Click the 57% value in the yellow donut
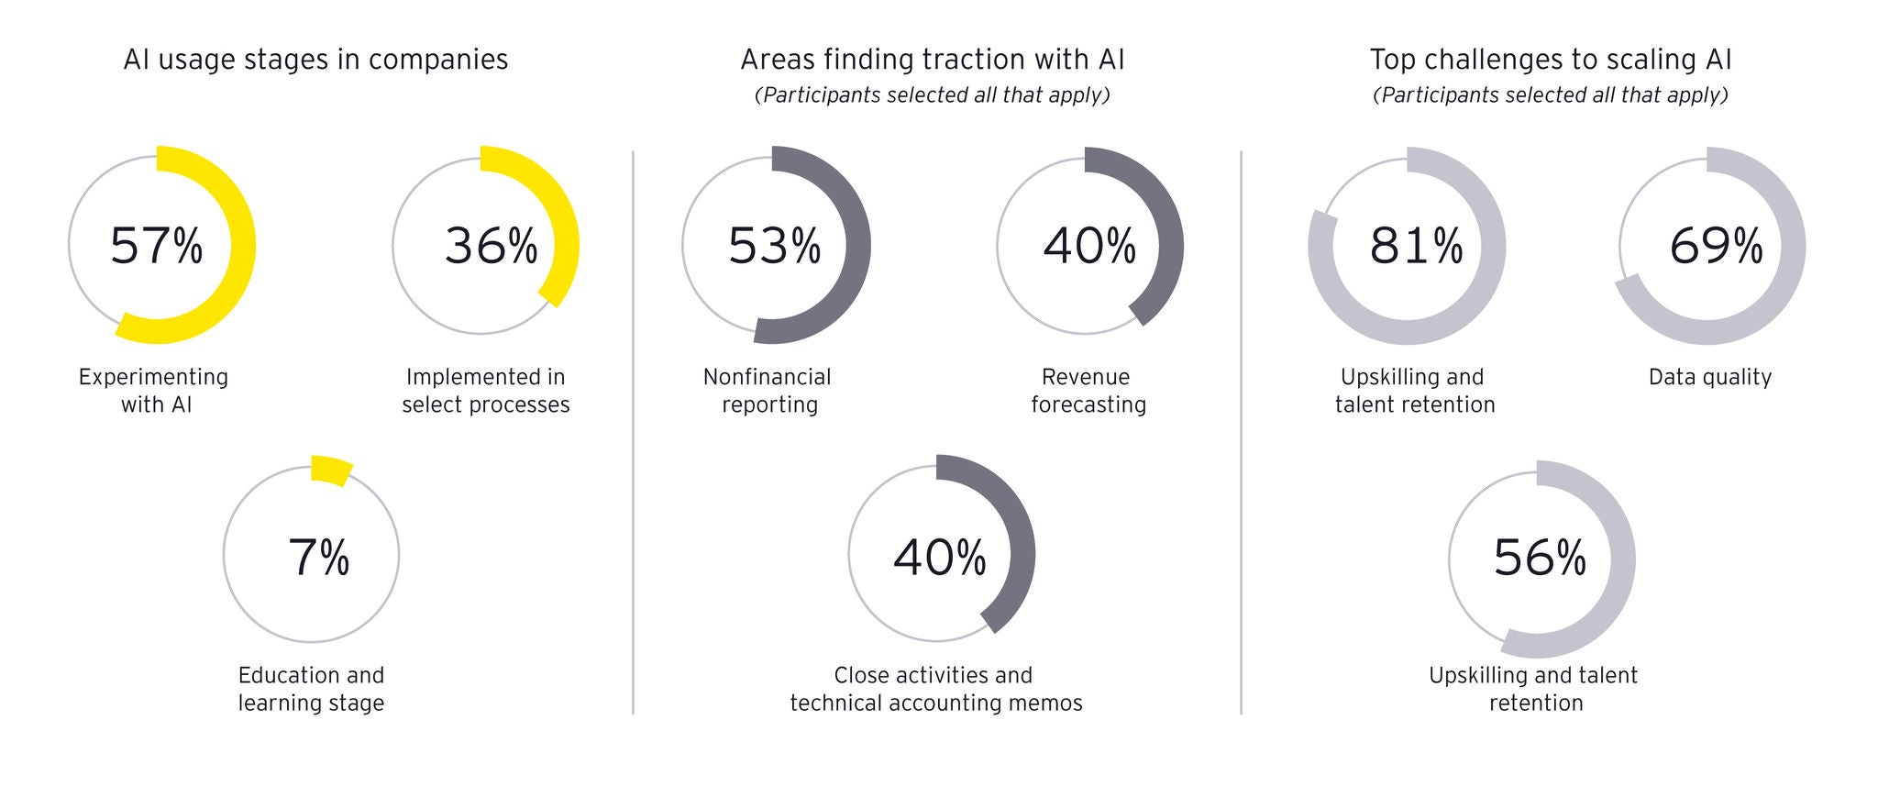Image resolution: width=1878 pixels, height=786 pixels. [156, 246]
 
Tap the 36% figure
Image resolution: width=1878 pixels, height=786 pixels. [492, 246]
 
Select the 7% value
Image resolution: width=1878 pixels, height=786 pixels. [318, 557]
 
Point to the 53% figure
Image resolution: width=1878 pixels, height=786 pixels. [775, 246]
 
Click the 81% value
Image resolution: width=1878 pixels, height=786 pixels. [1417, 246]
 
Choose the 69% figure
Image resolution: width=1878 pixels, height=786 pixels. [1717, 246]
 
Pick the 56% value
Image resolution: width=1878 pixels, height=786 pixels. [1540, 557]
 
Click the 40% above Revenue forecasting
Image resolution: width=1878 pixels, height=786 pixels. [1089, 246]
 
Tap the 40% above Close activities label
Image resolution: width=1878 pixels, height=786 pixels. [940, 557]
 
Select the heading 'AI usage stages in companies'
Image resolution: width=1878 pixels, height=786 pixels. [315, 60]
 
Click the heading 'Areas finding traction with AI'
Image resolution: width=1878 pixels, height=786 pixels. [933, 60]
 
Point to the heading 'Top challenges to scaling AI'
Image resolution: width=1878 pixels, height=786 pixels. [1551, 60]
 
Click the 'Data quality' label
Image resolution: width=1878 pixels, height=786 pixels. [1710, 377]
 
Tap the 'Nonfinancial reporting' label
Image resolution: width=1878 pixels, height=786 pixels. [768, 391]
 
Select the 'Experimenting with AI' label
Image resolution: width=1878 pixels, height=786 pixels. [154, 391]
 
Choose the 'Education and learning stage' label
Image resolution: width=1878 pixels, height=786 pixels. [312, 689]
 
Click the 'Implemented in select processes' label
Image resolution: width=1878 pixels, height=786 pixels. [486, 391]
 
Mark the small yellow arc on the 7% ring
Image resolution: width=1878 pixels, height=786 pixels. [330, 470]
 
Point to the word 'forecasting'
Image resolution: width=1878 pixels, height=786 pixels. [1088, 405]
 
